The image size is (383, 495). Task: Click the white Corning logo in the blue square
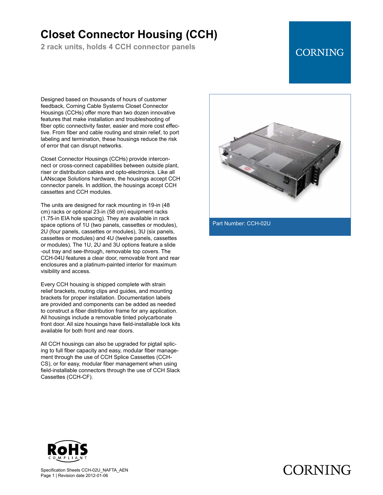coord(320,53)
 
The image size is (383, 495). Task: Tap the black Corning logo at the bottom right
coord(317,470)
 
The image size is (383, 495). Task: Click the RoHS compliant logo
coord(68,451)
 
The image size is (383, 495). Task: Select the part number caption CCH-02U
coord(241,223)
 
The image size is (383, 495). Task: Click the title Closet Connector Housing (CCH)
coord(129,35)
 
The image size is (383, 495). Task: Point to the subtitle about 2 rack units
coord(118,47)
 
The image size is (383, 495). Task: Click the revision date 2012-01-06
coord(97,476)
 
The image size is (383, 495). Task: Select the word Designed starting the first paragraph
coord(52,99)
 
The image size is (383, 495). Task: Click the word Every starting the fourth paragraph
coord(48,284)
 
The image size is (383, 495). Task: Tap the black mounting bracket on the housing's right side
coord(315,175)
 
